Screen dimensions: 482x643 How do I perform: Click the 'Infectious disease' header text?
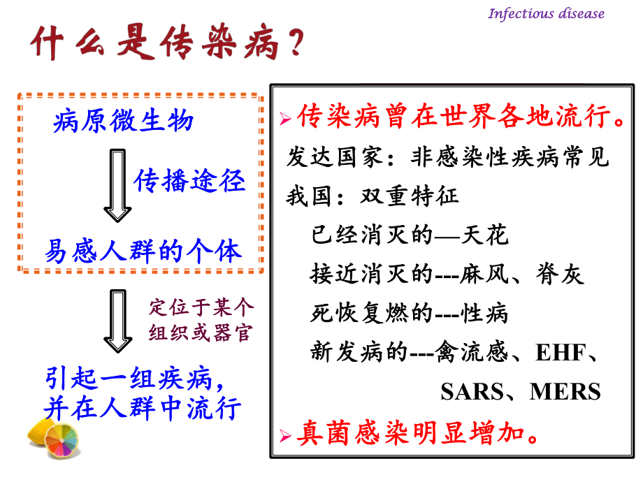coord(545,13)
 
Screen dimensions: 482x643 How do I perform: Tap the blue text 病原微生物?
coord(123,122)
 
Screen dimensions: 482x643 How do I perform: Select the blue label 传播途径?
coord(189,181)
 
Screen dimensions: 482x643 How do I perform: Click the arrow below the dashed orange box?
coord(117,321)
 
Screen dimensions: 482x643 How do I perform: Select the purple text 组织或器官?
coord(201,333)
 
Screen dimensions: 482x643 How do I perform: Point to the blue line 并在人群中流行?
coord(143,408)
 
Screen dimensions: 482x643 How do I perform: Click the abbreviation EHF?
coord(559,353)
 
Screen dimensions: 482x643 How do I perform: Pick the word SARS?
coord(470,391)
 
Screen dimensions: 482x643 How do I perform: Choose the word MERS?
coord(565,391)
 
